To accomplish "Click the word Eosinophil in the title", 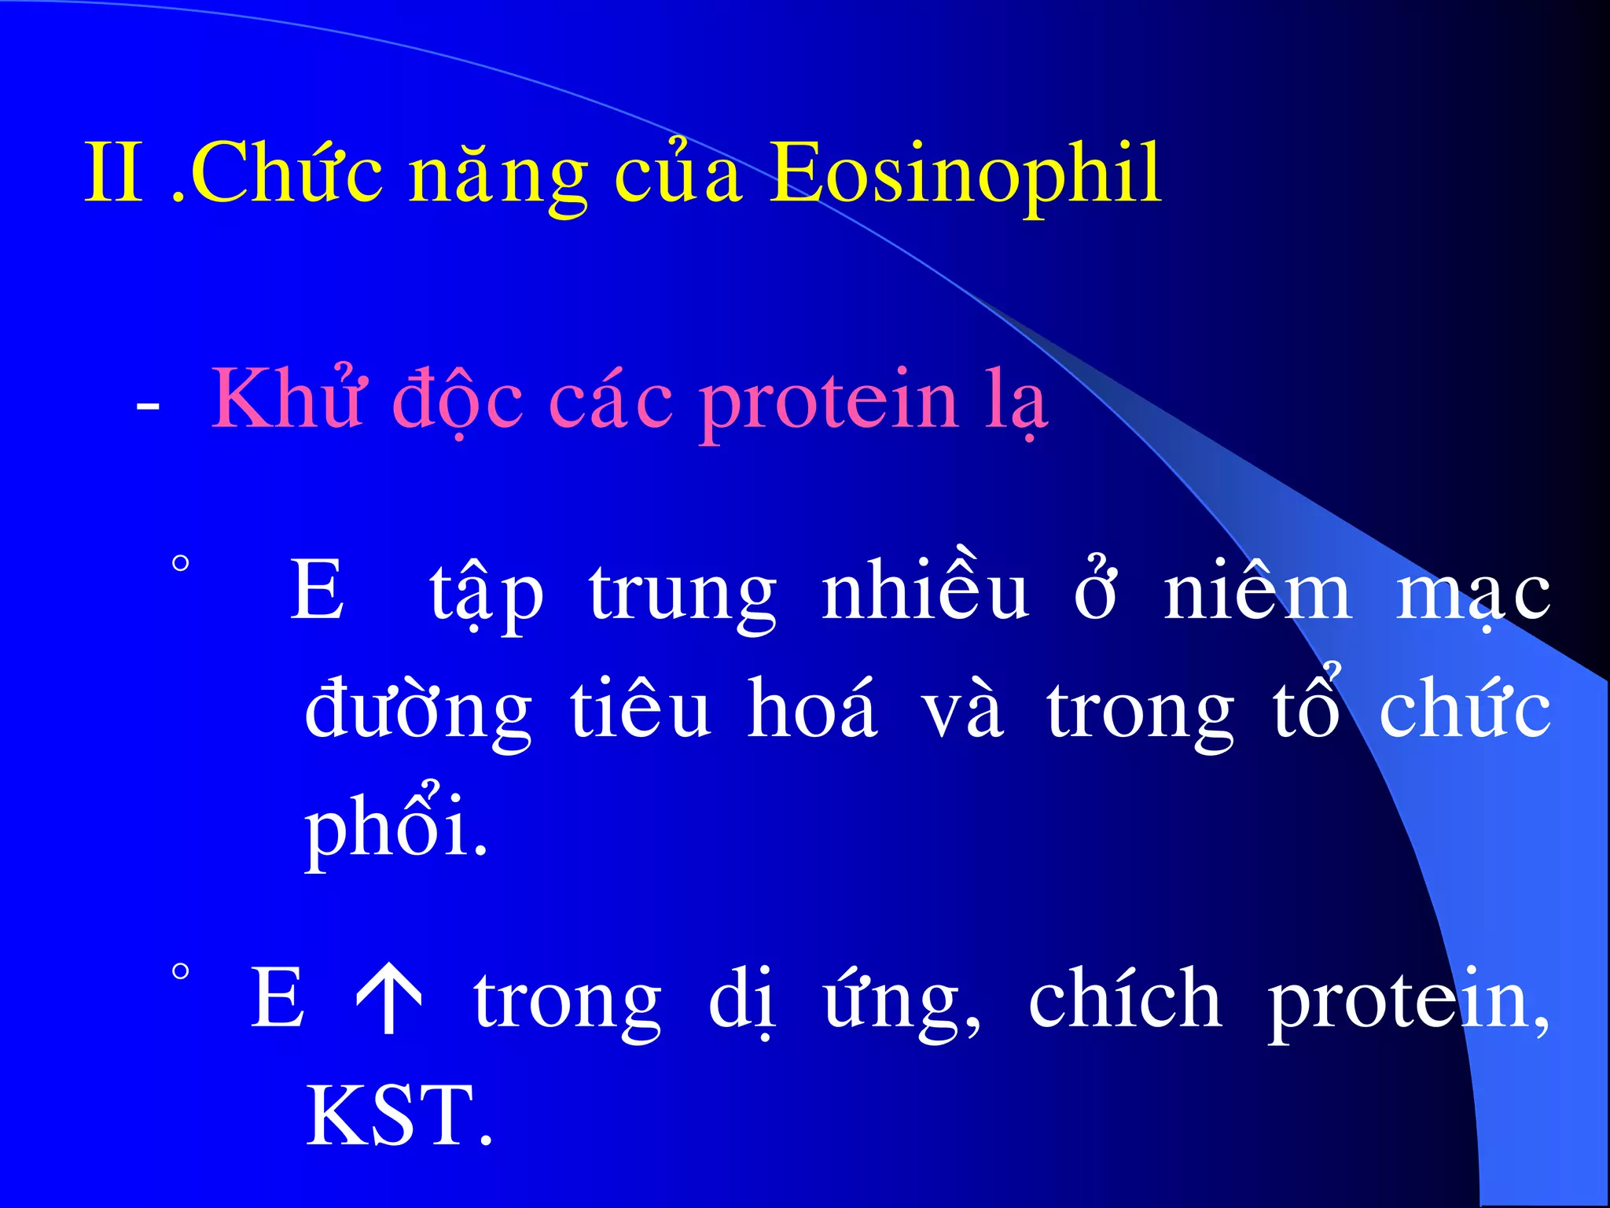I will (965, 175).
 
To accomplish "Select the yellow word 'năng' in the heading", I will (498, 177).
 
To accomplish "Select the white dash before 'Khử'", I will (148, 407).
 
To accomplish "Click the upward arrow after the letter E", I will (389, 999).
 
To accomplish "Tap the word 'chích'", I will (1125, 999).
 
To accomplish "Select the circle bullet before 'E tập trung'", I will (181, 564).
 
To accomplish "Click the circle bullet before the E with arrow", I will (181, 972).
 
